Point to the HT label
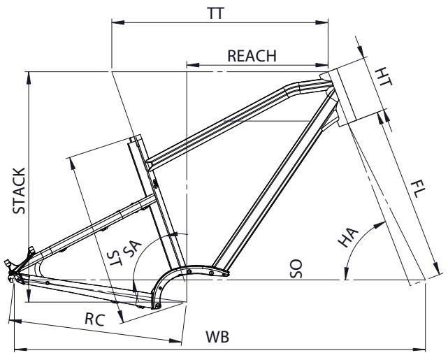[384, 77]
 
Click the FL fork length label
[419, 189]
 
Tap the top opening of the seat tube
[135, 140]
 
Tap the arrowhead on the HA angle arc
[384, 224]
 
